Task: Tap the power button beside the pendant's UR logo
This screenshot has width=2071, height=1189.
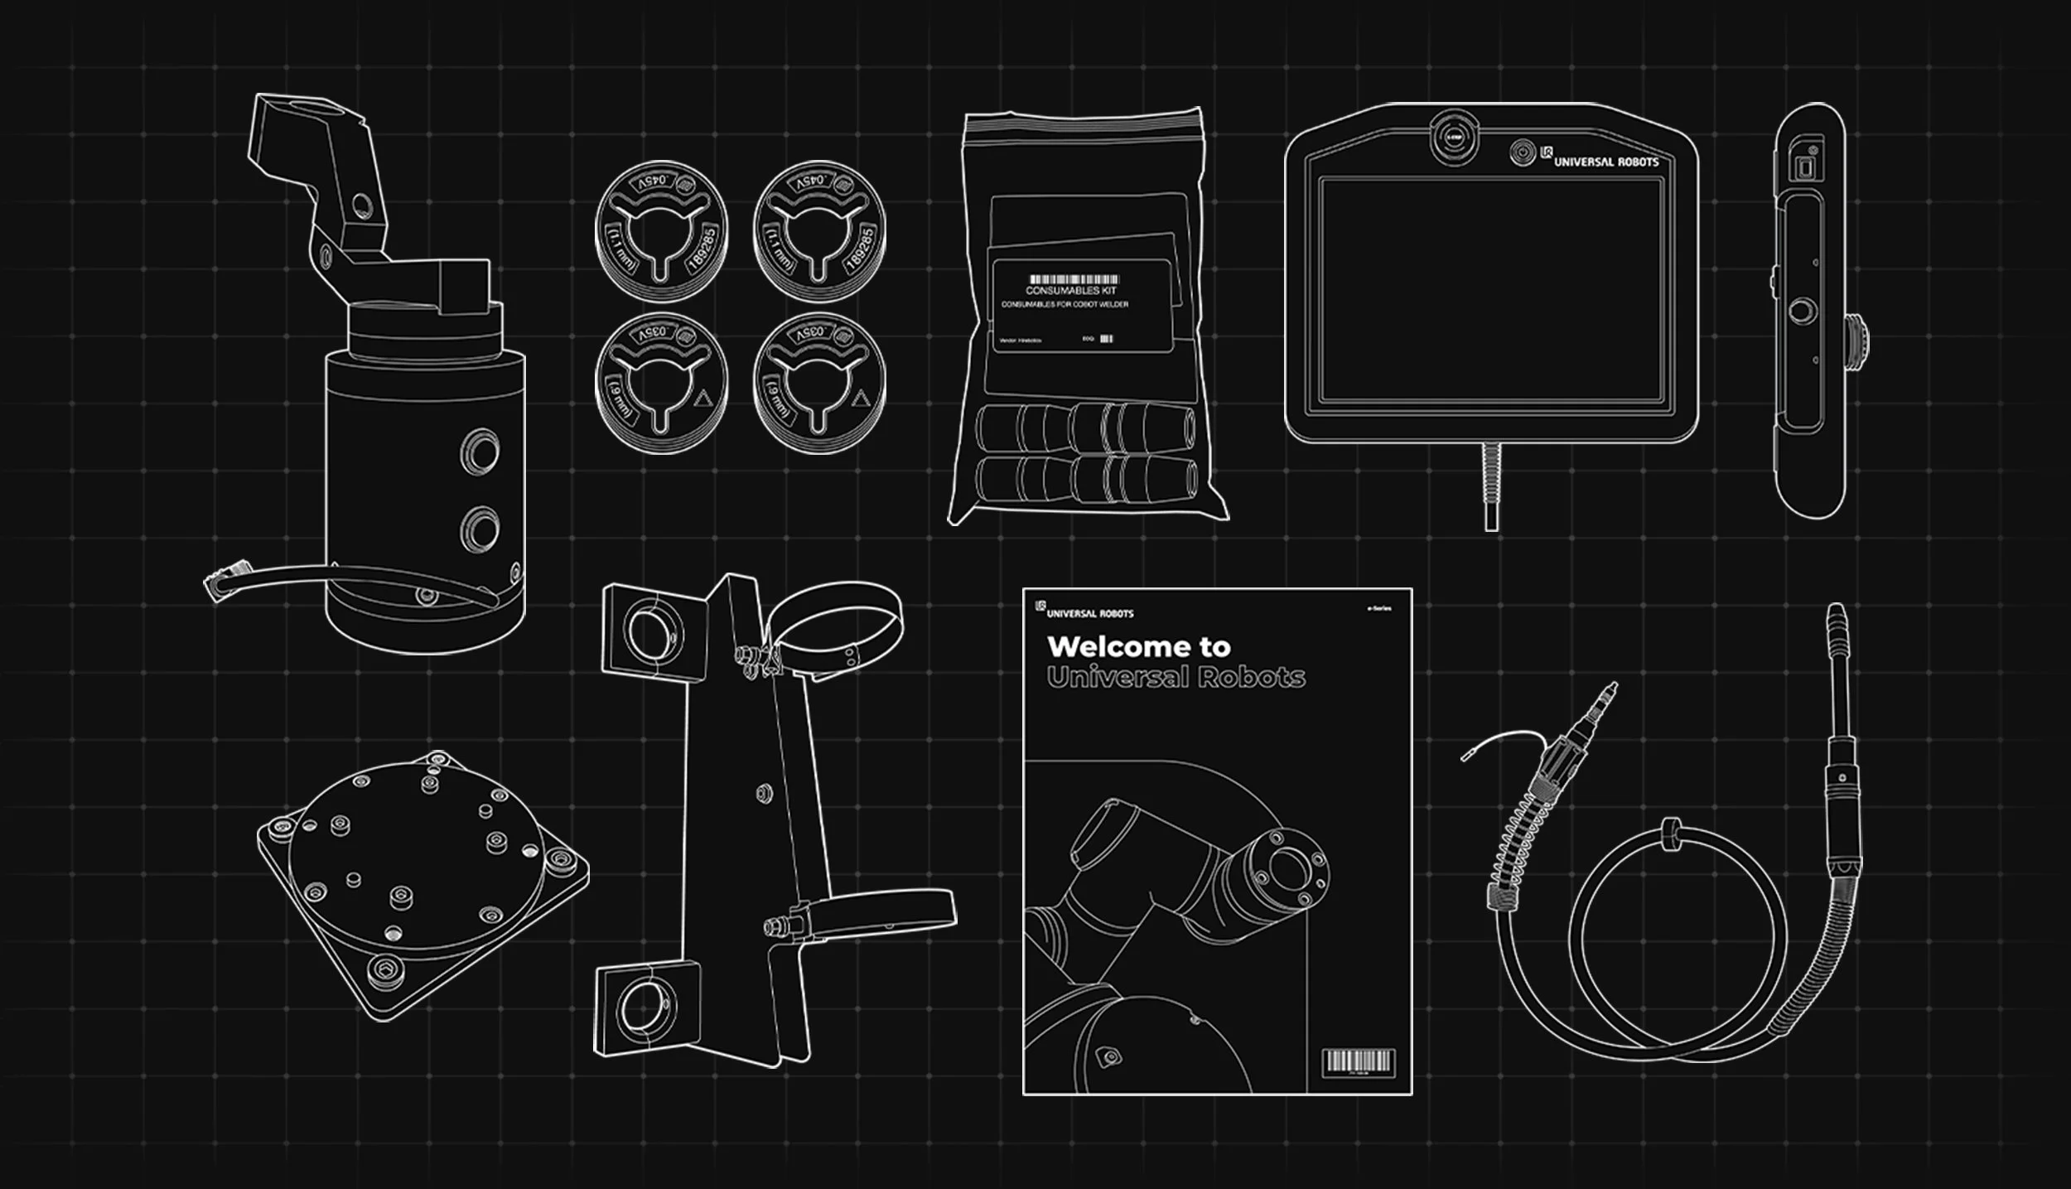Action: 1522,152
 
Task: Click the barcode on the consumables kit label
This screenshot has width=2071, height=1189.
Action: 1074,279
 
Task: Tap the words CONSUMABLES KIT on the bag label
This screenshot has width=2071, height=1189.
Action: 1071,291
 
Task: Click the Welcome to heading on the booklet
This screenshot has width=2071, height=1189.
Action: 1138,646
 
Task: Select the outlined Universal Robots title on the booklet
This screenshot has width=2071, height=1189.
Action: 1175,677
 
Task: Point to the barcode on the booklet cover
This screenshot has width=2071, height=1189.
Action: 1358,1062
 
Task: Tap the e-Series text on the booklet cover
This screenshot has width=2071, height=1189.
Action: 1378,609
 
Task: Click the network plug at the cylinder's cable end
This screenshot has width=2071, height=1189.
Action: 220,581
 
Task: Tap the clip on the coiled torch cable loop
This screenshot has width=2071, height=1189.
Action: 1670,834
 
